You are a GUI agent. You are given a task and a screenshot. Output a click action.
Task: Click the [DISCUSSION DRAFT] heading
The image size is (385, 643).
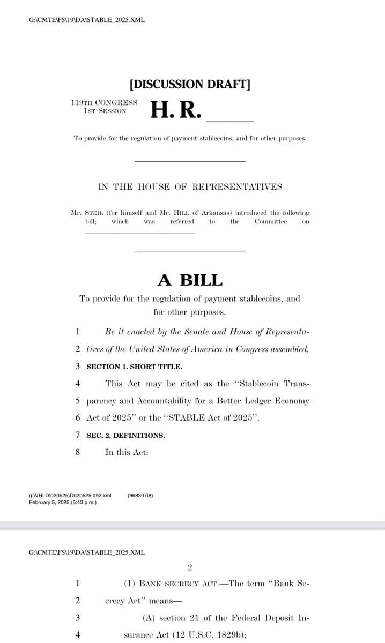click(x=190, y=84)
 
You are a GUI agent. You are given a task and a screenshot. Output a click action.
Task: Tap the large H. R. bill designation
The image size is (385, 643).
click(x=176, y=110)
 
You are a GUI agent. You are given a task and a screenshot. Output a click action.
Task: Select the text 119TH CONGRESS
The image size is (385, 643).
click(x=104, y=102)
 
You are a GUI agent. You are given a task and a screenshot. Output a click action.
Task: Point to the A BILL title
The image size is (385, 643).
click(x=190, y=280)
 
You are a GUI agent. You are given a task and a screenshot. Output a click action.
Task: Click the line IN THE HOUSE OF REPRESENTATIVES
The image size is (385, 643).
click(x=190, y=187)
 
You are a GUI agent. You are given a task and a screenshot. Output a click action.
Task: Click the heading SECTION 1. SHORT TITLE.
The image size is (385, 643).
click(x=134, y=367)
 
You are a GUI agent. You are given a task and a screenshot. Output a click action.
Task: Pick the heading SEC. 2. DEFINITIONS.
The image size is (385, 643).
click(x=125, y=435)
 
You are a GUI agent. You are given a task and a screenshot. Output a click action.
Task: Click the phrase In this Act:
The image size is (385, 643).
click(x=127, y=452)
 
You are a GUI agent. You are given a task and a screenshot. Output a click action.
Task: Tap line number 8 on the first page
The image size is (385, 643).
click(x=78, y=452)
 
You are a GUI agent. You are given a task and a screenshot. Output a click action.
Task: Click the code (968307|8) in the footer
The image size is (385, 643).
click(x=140, y=496)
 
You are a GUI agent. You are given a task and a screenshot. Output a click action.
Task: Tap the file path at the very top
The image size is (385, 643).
click(x=86, y=20)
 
